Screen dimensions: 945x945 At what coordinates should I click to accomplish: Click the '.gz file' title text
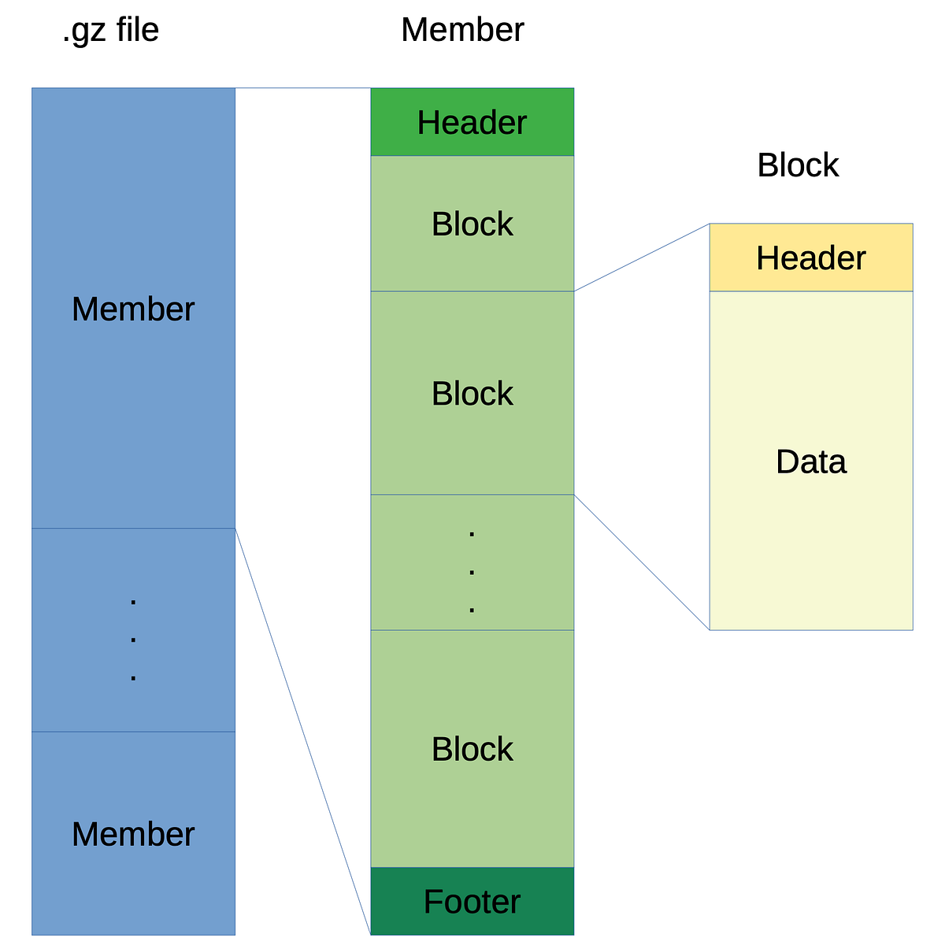click(110, 31)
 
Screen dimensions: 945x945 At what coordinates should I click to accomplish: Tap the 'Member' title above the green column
click(462, 31)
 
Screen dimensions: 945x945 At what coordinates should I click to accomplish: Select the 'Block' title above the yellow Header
click(798, 165)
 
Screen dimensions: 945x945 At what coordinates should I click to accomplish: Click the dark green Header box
click(472, 122)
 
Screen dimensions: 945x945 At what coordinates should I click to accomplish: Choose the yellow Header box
click(811, 258)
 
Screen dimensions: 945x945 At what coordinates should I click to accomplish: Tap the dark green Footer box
click(472, 901)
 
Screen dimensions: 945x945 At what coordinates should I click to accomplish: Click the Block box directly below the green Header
click(472, 224)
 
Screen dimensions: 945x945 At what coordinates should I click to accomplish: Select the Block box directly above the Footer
click(472, 749)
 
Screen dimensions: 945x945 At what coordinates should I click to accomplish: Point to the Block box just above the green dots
click(472, 393)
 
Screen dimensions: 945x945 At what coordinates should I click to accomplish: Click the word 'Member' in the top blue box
click(133, 309)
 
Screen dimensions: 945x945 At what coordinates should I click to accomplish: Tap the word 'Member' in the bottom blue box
click(133, 834)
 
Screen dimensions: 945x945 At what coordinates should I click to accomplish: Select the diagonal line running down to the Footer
click(303, 732)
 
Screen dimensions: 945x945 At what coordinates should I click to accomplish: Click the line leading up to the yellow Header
click(642, 258)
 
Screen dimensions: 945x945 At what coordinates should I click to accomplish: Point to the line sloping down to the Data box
click(642, 562)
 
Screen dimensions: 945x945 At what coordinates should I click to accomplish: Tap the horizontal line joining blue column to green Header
click(303, 88)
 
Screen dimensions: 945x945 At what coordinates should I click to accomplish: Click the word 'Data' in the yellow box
click(811, 461)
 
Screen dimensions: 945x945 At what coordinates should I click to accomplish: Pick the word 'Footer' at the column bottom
click(472, 902)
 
